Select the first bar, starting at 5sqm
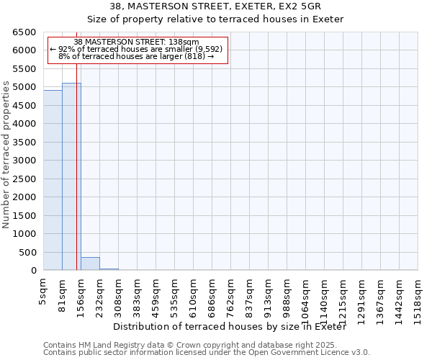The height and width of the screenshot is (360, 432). [x=53, y=180]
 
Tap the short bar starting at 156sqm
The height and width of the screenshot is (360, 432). [x=90, y=264]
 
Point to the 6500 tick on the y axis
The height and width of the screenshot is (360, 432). [x=24, y=32]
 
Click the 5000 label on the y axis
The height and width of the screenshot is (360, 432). [x=24, y=87]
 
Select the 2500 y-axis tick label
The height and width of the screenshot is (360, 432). [x=24, y=179]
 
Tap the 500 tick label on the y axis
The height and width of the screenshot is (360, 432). [x=27, y=253]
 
